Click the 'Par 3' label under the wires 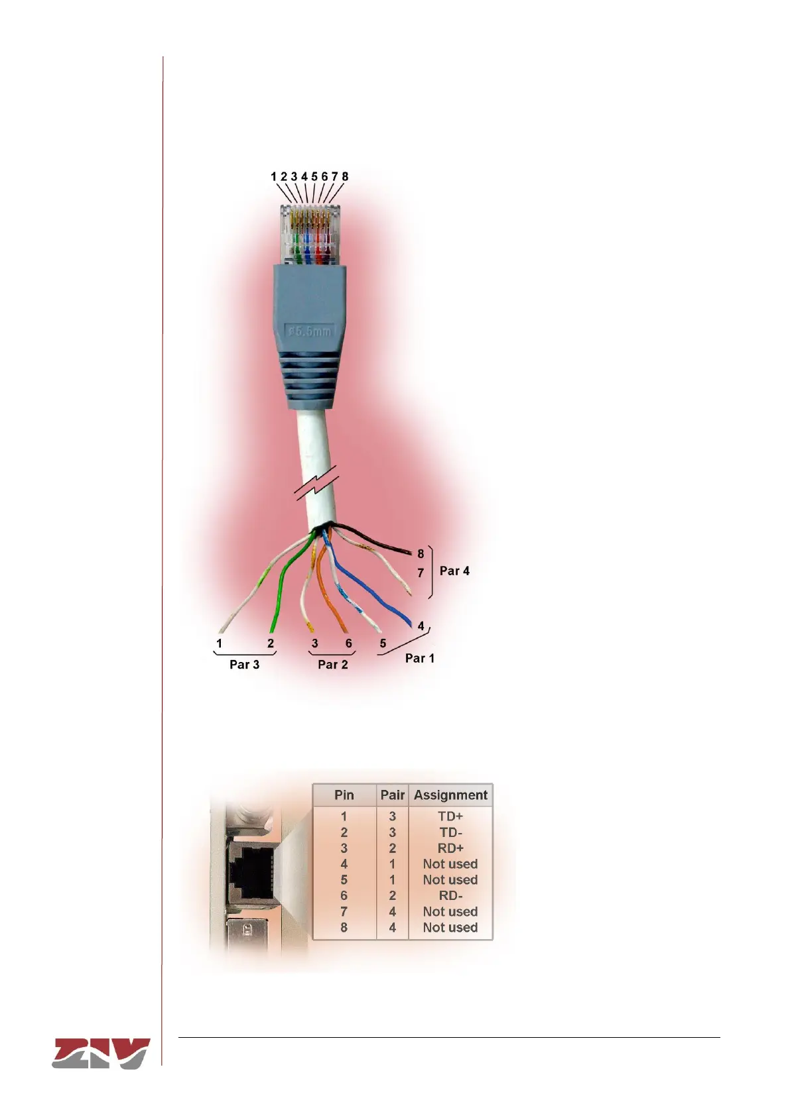(x=244, y=665)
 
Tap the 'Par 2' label (x=332, y=665)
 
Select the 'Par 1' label (x=419, y=658)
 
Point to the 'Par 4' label (x=454, y=571)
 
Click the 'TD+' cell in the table (x=450, y=816)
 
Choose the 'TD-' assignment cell (x=450, y=832)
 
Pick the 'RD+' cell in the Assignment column (x=450, y=848)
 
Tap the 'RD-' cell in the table (x=450, y=896)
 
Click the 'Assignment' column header (x=450, y=795)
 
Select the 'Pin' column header (x=344, y=795)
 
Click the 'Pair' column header (x=392, y=795)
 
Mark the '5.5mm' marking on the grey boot (x=309, y=330)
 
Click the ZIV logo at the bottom (x=101, y=1053)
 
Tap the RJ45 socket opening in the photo (x=250, y=869)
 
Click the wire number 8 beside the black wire (x=421, y=554)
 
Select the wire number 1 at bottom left (x=219, y=643)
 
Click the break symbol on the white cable (x=317, y=483)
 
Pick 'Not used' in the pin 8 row (x=450, y=928)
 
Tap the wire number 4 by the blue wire (x=421, y=626)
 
